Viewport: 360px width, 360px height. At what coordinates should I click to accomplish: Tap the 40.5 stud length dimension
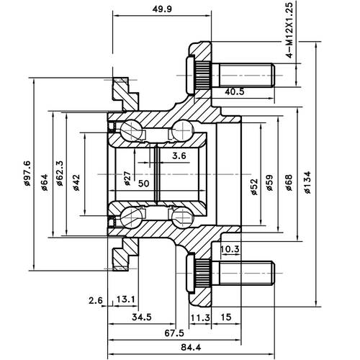[235, 91]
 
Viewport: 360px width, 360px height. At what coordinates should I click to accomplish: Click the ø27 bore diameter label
[127, 179]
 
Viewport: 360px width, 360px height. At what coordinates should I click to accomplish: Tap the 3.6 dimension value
[179, 156]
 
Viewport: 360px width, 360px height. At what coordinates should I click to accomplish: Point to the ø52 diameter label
[253, 187]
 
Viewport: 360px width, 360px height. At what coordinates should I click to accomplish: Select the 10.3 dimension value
[230, 249]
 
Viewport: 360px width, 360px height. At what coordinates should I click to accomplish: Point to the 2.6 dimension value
[96, 300]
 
